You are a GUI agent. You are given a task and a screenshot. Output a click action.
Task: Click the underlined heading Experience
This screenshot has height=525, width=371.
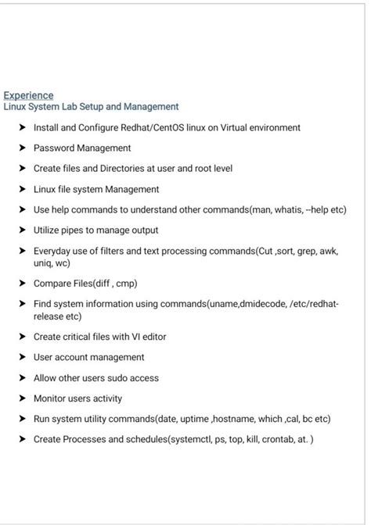(x=28, y=95)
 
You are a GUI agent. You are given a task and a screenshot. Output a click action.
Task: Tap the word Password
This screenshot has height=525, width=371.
(x=53, y=148)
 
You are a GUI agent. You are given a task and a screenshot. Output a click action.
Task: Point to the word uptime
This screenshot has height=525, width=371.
(x=193, y=419)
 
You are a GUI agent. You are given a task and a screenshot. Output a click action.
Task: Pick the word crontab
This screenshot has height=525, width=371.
(x=272, y=439)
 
